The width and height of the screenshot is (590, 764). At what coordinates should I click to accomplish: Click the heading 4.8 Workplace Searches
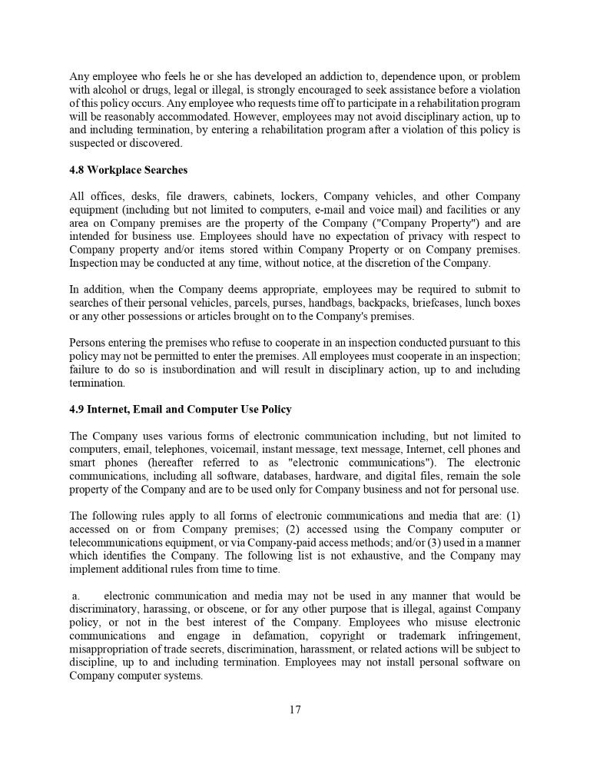(128, 170)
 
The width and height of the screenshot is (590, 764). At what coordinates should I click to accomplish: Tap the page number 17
(295, 709)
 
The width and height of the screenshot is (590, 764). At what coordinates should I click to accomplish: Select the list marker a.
(75, 596)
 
